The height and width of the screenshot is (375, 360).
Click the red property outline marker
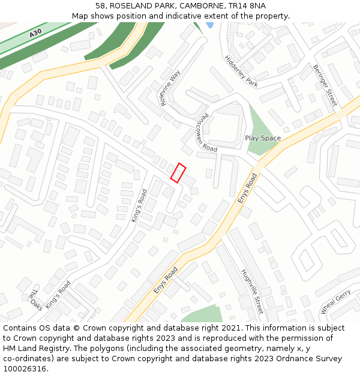click(x=178, y=172)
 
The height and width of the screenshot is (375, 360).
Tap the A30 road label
click(x=35, y=34)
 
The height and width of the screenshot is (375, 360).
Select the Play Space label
click(x=263, y=138)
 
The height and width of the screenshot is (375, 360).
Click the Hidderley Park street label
click(x=241, y=71)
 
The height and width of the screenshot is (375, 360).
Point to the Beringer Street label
click(x=325, y=85)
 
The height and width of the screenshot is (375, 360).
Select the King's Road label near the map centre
click(x=140, y=205)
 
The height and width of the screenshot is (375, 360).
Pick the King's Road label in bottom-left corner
click(x=58, y=294)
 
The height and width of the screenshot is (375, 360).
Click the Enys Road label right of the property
click(x=248, y=188)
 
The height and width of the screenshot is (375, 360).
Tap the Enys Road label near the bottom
click(x=166, y=280)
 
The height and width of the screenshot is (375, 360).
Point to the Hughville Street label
click(x=252, y=292)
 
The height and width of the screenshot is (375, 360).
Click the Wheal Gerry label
click(x=335, y=302)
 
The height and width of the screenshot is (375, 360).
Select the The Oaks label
click(x=35, y=300)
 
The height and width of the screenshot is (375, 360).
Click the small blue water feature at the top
click(x=209, y=25)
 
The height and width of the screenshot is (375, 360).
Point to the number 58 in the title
click(x=100, y=6)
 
